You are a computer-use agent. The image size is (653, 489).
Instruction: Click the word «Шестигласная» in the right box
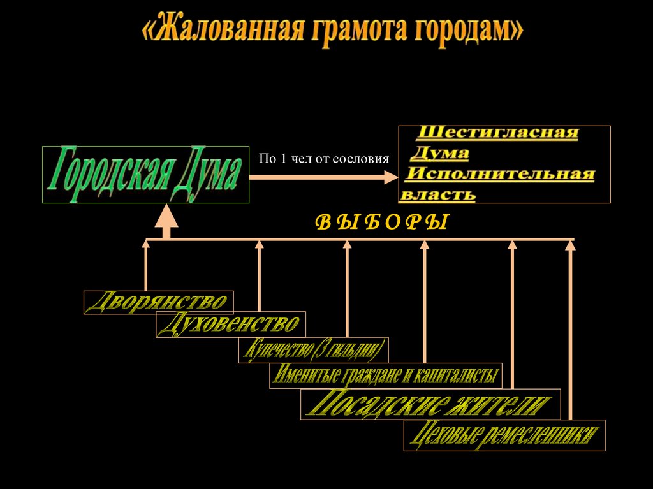click(x=498, y=133)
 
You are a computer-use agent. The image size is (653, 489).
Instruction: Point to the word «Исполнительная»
click(x=501, y=173)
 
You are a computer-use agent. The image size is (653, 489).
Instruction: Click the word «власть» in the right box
click(x=438, y=193)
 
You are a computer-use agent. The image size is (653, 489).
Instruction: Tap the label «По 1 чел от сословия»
click(x=323, y=159)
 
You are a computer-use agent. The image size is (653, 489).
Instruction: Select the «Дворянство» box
click(x=158, y=302)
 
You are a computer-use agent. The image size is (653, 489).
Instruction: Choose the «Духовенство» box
click(x=231, y=325)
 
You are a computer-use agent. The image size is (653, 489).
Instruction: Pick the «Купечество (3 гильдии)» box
click(x=313, y=349)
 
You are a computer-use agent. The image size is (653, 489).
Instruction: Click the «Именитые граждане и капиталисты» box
click(x=386, y=375)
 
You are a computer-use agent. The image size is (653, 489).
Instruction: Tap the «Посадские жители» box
click(x=430, y=404)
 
